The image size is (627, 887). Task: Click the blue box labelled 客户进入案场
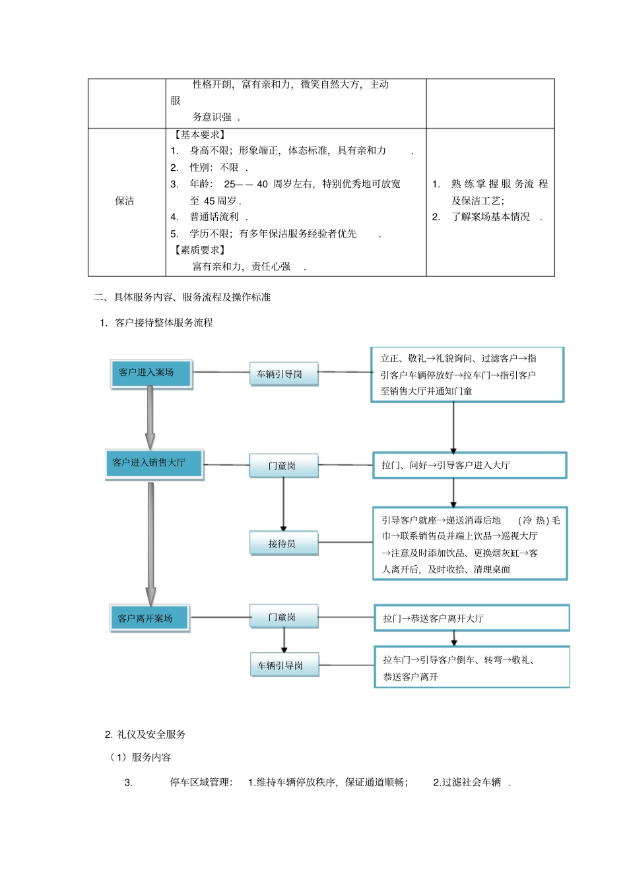(151, 373)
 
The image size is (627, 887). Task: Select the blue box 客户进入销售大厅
(154, 464)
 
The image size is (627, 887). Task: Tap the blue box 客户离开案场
(150, 618)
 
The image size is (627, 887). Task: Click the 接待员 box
(283, 543)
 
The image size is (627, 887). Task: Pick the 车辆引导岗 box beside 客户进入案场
(284, 374)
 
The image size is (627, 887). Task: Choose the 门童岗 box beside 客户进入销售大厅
(284, 466)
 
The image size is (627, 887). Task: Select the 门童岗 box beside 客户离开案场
(284, 617)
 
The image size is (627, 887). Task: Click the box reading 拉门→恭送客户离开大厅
(471, 618)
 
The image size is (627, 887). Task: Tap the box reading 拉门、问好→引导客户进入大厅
(469, 465)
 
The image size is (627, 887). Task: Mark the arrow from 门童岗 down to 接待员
(284, 504)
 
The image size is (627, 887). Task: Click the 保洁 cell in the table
(125, 201)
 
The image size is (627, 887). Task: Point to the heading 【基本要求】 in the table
(200, 135)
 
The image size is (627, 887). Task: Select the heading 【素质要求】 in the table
(200, 250)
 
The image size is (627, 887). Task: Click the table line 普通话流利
(214, 217)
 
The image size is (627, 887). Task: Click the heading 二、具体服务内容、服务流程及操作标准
(182, 297)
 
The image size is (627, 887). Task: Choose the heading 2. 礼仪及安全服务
(145, 734)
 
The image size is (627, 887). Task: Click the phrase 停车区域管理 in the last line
(201, 782)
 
